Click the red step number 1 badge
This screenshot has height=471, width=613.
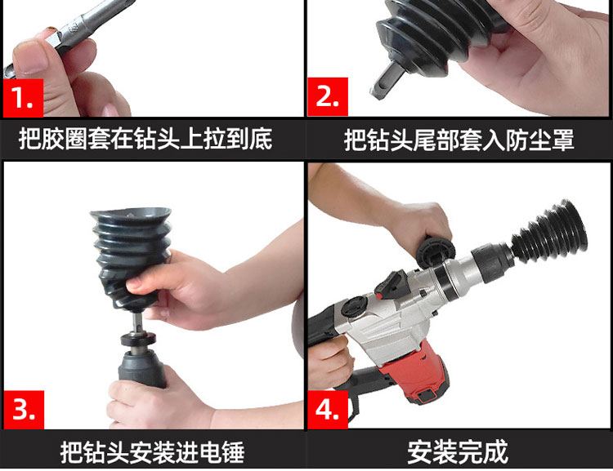(x=24, y=98)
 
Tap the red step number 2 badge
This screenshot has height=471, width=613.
(x=328, y=96)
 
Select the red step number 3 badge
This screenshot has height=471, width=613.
(x=24, y=410)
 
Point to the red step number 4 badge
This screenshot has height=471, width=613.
(x=328, y=410)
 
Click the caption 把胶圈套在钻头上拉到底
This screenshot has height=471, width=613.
(x=145, y=139)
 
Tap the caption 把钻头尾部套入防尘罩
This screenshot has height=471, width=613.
(x=459, y=140)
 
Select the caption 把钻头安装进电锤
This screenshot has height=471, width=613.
(x=153, y=452)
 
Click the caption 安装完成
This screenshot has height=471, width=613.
(x=458, y=452)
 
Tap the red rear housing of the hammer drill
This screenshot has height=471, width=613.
(x=414, y=371)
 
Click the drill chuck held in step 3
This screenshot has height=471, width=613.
(x=142, y=369)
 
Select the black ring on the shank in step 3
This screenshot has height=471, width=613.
(x=138, y=339)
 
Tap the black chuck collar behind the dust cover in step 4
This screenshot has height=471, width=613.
(x=492, y=262)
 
